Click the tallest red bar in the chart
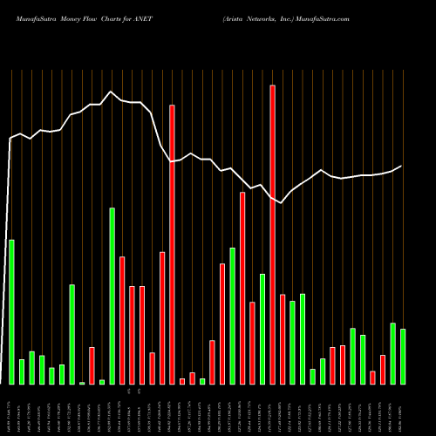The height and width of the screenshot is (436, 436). coord(272,235)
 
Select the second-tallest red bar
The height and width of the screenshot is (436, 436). coord(172,244)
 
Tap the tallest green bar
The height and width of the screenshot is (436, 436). coord(112,296)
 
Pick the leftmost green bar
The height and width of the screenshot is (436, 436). coord(11,311)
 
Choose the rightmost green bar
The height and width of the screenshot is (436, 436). coord(403,357)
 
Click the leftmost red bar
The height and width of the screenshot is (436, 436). coord(92,365)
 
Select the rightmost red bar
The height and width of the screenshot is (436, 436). coord(383,369)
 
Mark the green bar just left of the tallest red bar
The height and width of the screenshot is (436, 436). coord(262,329)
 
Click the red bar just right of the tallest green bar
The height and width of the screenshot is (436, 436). coord(122,320)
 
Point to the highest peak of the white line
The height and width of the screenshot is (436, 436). coord(111,92)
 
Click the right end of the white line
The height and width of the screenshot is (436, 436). coord(402,166)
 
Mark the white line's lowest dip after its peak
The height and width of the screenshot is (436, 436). coord(282,203)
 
